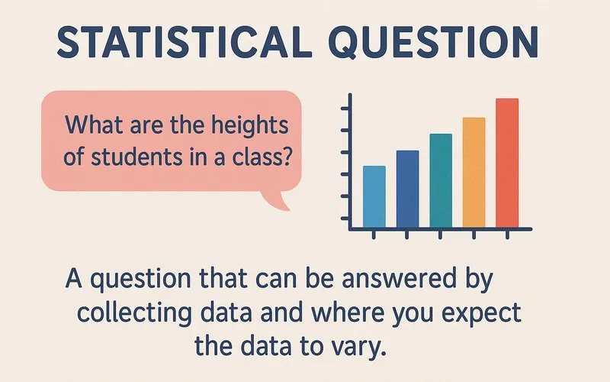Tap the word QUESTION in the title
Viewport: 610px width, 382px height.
[435, 43]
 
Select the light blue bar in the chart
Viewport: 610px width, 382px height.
[374, 197]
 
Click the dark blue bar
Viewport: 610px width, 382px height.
[408, 189]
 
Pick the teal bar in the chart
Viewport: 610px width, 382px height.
[441, 181]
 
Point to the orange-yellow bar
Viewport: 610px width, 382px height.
[474, 173]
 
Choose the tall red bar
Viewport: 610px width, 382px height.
[507, 163]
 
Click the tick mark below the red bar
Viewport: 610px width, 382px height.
[507, 235]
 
